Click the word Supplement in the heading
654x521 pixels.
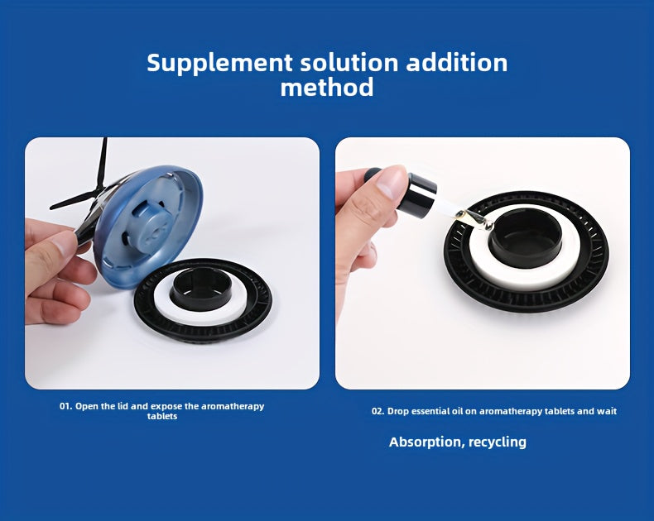(x=219, y=64)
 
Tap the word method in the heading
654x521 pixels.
(x=327, y=88)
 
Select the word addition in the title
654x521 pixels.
(x=457, y=63)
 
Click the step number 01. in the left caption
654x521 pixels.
(x=65, y=406)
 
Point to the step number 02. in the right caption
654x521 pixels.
(x=377, y=411)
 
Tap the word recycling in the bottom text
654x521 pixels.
(x=498, y=442)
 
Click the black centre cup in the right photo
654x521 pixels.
(x=525, y=237)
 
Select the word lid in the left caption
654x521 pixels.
(x=123, y=406)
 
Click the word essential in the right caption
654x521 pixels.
(x=430, y=411)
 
